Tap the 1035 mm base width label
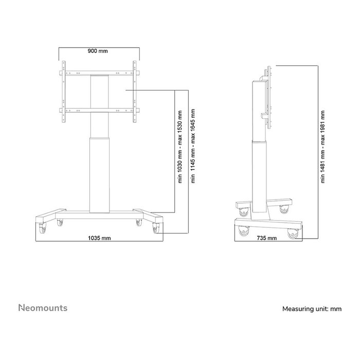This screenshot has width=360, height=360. coord(99,238)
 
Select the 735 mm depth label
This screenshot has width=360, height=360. coord(266,238)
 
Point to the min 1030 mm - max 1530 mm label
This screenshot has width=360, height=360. coord(179,146)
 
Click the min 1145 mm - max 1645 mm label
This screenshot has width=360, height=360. coord(193,146)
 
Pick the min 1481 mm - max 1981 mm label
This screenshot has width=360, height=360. coord(322,147)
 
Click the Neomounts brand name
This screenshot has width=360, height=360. coord(43,308)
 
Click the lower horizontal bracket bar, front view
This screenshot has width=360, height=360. coord(100,109)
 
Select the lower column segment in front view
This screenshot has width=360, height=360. coord(100,175)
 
